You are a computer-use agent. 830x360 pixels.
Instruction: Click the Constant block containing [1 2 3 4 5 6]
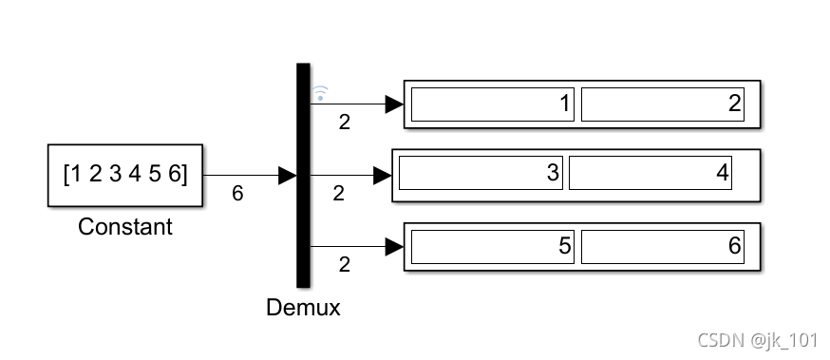pos(124,175)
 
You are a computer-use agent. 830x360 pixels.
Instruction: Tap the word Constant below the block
pos(125,227)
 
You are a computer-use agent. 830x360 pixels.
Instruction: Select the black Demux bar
pos(303,174)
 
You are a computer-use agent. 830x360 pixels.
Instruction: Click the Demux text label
pos(304,309)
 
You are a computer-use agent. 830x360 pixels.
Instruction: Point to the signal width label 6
pos(237,194)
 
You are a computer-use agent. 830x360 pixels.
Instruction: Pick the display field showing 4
pos(651,174)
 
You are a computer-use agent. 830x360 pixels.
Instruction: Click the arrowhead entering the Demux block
pos(288,175)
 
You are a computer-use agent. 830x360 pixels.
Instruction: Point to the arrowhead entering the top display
pos(394,104)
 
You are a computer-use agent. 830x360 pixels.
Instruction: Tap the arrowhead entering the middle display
pos(383,175)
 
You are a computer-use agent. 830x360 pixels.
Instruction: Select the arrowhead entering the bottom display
pos(394,247)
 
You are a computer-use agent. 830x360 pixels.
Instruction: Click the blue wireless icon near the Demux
pos(321,93)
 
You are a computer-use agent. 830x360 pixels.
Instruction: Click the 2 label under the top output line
pos(344,122)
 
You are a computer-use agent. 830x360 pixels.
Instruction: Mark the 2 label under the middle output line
pos(339,194)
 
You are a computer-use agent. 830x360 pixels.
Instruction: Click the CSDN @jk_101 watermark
pos(758,340)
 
